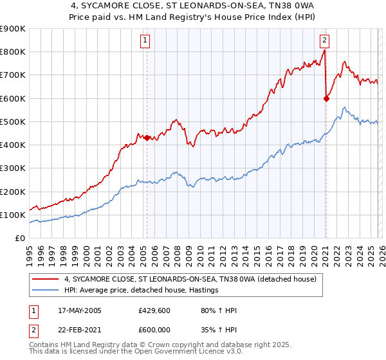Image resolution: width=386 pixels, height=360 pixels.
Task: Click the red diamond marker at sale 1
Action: (x=147, y=138)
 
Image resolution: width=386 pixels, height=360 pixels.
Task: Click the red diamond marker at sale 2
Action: (x=326, y=98)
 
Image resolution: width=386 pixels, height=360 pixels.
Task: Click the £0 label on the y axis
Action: (x=19, y=238)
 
